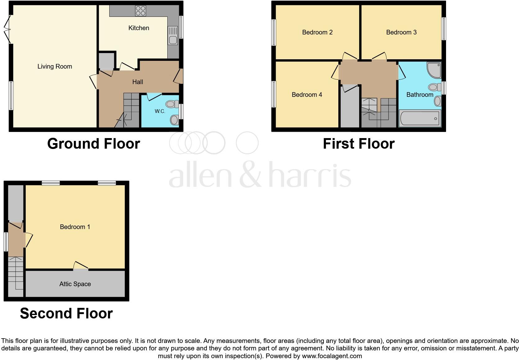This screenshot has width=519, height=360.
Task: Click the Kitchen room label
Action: pos(139,28)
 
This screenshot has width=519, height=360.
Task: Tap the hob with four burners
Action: pos(140,11)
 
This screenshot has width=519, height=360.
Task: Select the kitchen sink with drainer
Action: pos(173,35)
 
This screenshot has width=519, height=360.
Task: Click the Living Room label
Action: pos(55,66)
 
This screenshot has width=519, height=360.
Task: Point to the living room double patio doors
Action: pos(8,29)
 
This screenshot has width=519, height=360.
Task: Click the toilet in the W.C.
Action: pos(172,104)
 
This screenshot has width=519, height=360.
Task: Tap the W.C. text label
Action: pos(160,111)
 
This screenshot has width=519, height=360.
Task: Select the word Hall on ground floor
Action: pos(138,82)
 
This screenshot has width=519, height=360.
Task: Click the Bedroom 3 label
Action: pos(401,32)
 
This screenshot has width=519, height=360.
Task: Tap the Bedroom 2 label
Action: pos(317,32)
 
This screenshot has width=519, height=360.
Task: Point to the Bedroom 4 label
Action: pos(307,95)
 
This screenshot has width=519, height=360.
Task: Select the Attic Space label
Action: pos(75,284)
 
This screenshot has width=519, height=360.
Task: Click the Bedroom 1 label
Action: pos(75,227)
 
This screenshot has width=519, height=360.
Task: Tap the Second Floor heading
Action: pos(66,313)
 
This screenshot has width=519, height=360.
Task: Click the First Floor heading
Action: pos(359,144)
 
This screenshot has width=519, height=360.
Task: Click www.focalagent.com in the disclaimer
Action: pos(332,356)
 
